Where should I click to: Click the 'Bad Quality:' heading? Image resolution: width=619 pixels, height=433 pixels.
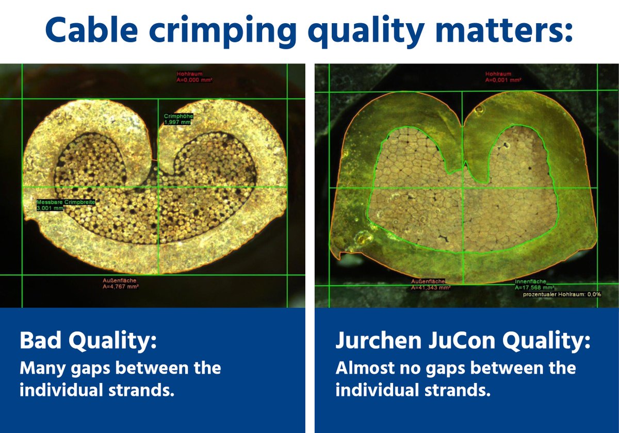click(x=88, y=342)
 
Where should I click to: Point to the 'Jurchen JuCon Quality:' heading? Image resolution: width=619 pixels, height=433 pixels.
click(x=463, y=342)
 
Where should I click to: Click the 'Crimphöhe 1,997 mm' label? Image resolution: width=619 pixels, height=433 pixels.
click(x=178, y=119)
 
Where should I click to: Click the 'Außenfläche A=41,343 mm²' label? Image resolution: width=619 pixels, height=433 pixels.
click(x=430, y=285)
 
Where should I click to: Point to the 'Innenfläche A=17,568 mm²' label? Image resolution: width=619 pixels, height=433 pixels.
click(x=534, y=285)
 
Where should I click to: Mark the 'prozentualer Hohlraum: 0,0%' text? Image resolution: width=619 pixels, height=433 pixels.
click(x=562, y=294)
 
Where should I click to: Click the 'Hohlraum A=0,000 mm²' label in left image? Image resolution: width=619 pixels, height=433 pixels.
click(x=194, y=77)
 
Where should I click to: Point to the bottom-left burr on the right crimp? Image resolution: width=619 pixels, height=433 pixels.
click(x=340, y=254)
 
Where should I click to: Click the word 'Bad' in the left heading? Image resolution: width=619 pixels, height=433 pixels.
click(x=41, y=342)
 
